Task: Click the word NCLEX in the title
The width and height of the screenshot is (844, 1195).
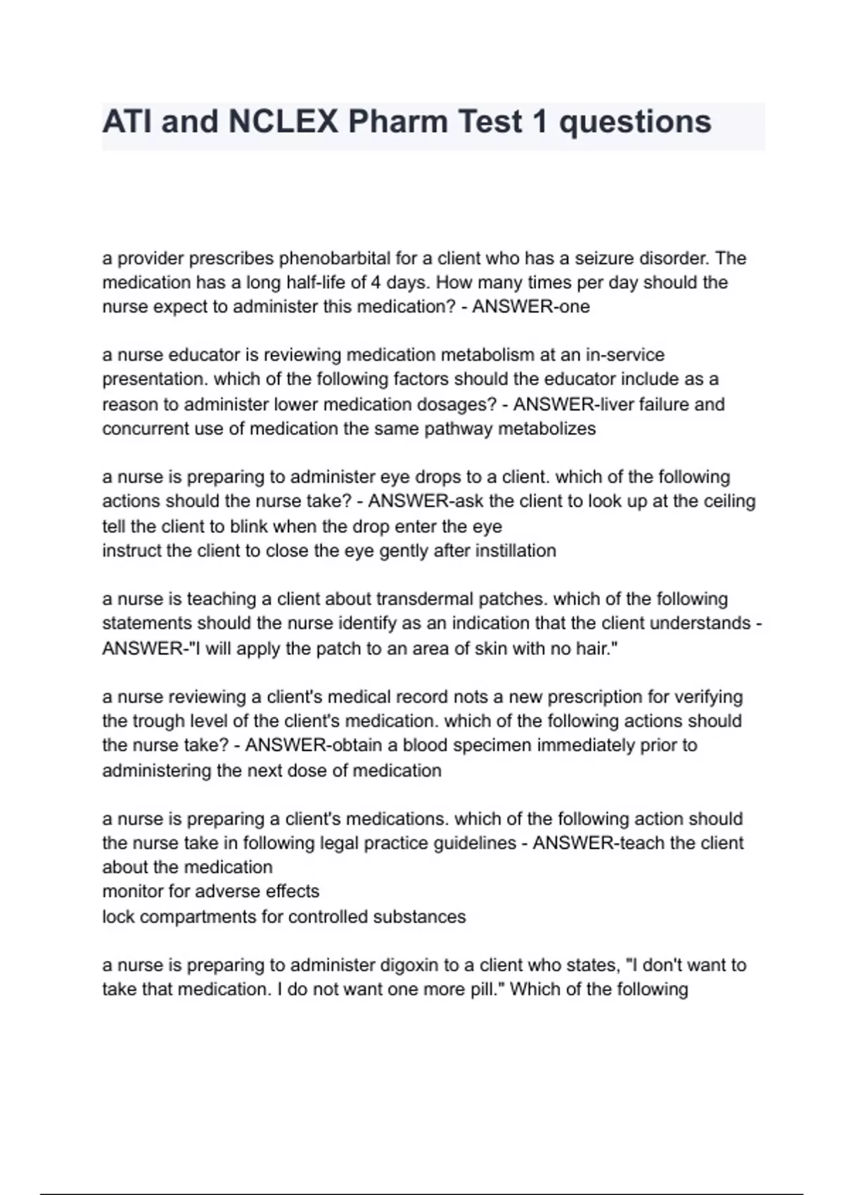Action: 282,122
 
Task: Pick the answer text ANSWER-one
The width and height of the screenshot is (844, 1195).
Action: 531,307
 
